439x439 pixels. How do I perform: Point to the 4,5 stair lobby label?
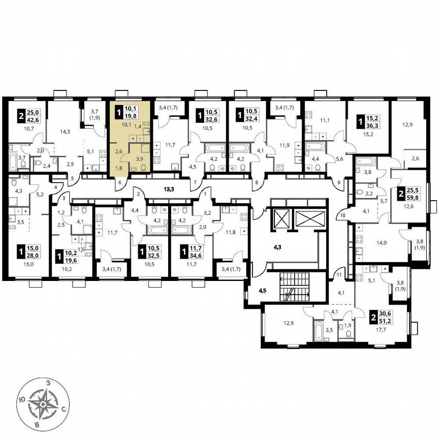point(263,291)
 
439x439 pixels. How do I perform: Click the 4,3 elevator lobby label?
point(277,248)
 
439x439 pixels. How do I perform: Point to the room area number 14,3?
point(65,132)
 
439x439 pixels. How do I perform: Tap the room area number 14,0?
point(381,243)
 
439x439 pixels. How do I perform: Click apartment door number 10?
point(342,215)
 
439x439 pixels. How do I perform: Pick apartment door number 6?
point(120,182)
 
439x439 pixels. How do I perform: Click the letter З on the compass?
point(47,382)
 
